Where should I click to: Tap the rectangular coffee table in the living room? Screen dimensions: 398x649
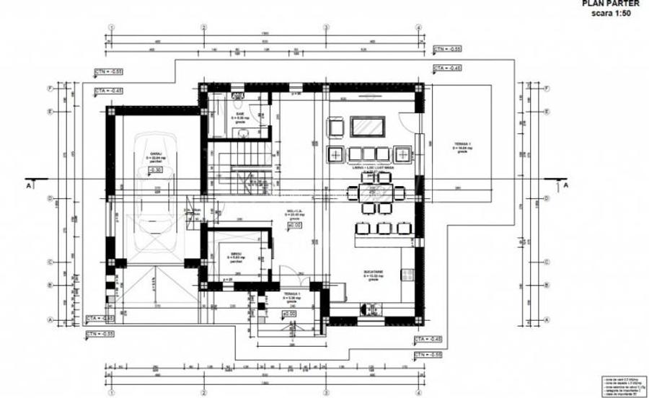coord(368,127)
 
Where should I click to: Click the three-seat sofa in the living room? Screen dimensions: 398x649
coord(368,154)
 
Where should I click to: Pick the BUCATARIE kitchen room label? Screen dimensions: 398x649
coord(372,273)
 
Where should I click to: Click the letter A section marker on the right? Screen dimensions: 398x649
coord(567,185)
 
